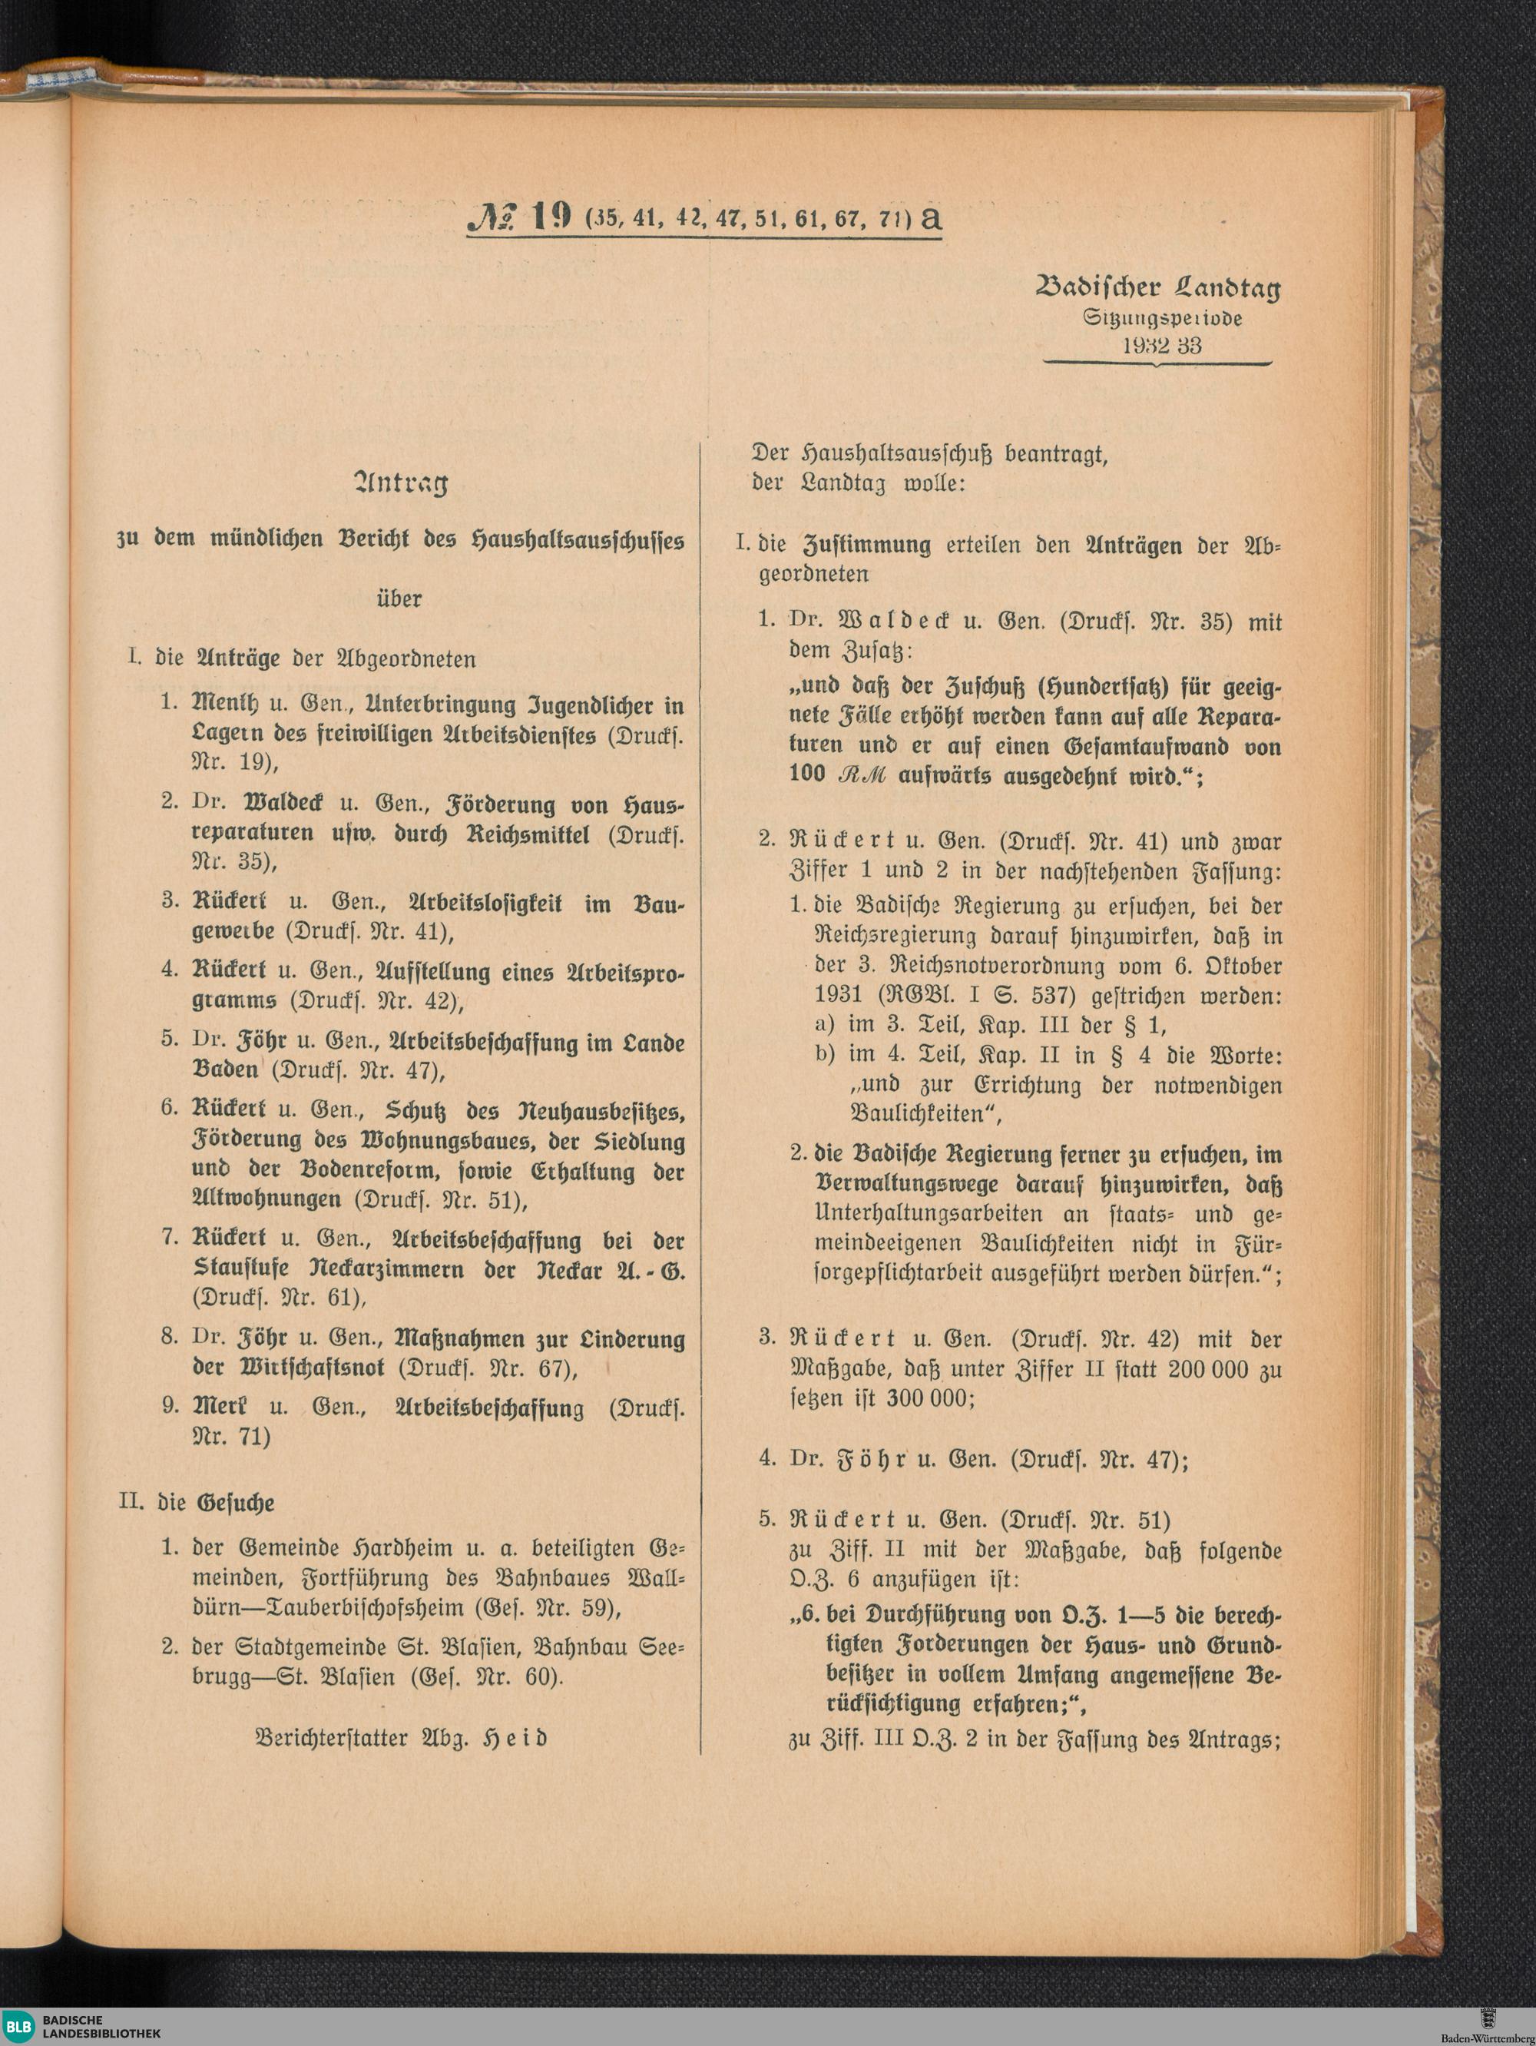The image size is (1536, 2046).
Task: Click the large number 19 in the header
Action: [552, 217]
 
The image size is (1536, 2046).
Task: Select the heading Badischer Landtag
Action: [1158, 287]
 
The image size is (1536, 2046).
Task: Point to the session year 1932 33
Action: [1161, 346]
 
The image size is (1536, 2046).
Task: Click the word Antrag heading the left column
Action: [400, 482]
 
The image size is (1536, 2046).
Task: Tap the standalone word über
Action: [399, 599]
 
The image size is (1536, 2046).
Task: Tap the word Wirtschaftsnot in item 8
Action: [313, 1368]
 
